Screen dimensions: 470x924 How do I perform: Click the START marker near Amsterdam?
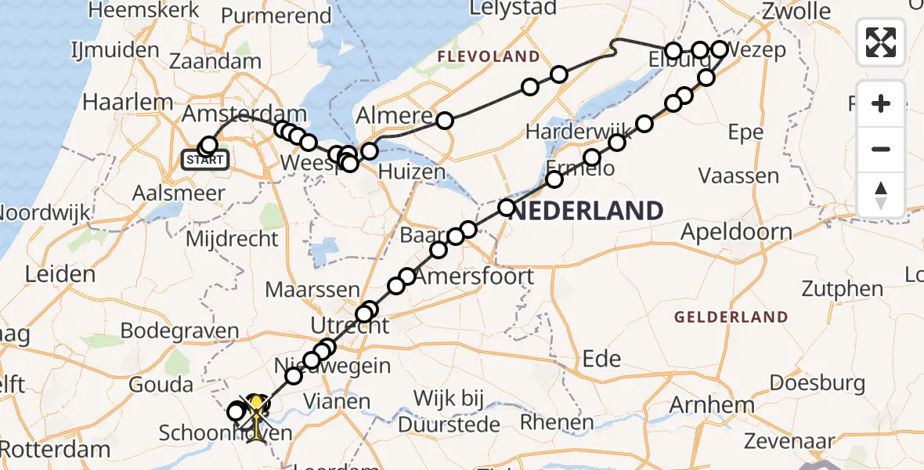[205, 161]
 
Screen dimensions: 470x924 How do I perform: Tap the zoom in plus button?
[881, 104]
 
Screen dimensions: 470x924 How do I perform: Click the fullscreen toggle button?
[881, 42]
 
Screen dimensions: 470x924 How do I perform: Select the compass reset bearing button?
[881, 194]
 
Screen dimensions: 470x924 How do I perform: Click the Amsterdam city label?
[243, 114]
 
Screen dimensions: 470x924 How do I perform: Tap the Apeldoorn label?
[736, 232]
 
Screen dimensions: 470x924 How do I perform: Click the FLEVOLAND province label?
[489, 56]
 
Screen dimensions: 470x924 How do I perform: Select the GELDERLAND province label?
[731, 316]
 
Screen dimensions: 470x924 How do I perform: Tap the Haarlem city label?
[128, 102]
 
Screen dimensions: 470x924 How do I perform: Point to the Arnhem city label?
[711, 405]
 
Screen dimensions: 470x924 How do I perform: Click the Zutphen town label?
[842, 288]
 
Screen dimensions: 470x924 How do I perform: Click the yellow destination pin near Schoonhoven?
[256, 405]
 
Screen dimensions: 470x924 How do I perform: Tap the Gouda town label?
[161, 385]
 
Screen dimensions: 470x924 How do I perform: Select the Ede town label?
[602, 359]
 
